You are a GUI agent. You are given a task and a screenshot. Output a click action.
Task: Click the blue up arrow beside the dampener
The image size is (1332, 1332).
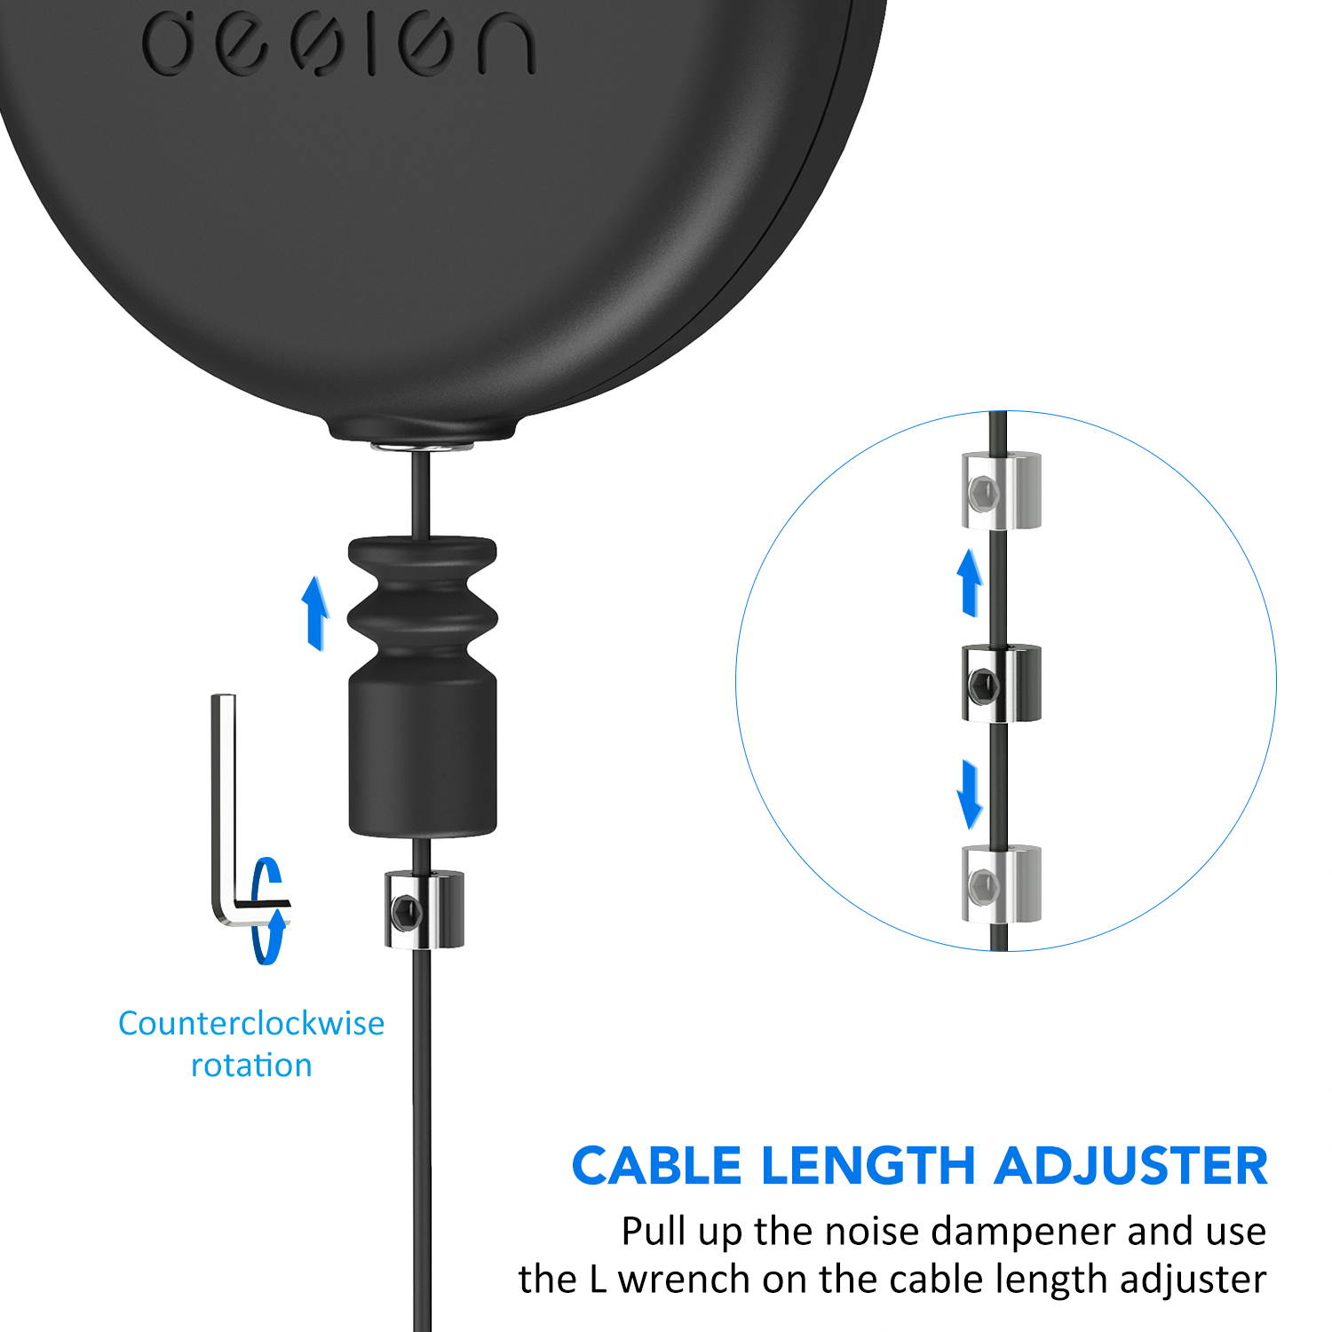click(313, 613)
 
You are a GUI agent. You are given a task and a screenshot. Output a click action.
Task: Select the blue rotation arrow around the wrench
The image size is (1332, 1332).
click(268, 910)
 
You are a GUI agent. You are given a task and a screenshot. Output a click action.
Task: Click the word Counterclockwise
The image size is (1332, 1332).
click(251, 1023)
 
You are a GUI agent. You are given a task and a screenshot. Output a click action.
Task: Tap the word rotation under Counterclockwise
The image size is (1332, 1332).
click(251, 1065)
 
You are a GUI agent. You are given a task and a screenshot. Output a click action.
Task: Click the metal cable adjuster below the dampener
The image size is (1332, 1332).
click(424, 908)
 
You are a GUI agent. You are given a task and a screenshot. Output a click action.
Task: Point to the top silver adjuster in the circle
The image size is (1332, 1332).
click(1001, 490)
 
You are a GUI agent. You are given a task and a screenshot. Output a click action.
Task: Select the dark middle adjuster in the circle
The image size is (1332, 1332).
click(1001, 683)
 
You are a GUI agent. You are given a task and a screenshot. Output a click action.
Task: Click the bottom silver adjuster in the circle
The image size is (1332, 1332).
click(1001, 884)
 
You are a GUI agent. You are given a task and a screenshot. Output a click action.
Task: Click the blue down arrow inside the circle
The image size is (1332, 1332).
click(970, 792)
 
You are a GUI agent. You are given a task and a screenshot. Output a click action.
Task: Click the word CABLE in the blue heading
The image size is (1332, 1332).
click(656, 1165)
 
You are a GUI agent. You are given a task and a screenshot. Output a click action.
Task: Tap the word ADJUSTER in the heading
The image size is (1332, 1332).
click(1130, 1165)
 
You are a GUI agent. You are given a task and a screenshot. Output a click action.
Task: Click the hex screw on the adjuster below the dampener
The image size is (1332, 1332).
click(404, 909)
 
